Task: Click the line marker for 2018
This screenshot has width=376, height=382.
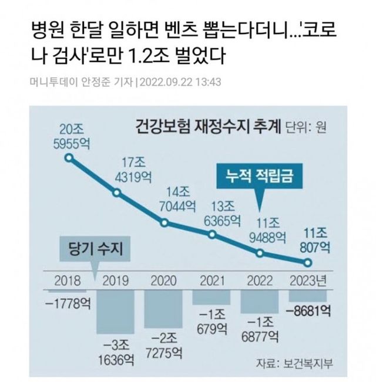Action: point(69,158)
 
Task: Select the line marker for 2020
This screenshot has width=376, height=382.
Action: point(164,223)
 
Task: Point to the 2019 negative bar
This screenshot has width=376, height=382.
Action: point(116,311)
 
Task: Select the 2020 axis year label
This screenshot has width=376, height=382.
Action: point(164,280)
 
